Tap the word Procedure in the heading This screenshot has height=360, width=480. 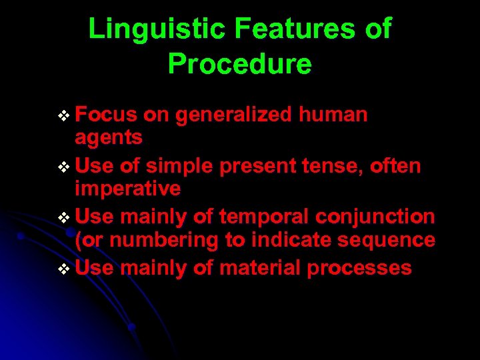(x=239, y=64)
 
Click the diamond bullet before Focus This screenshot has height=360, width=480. (x=64, y=116)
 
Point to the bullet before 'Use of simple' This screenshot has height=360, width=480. (x=64, y=167)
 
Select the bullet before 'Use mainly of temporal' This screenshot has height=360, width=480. (x=64, y=218)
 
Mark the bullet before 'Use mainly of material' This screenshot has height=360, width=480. (x=64, y=269)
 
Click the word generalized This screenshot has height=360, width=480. (x=233, y=115)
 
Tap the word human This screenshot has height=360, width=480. (x=333, y=115)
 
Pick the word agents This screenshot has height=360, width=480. (x=109, y=138)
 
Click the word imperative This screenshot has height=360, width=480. (x=127, y=189)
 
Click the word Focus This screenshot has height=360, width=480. (x=107, y=115)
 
